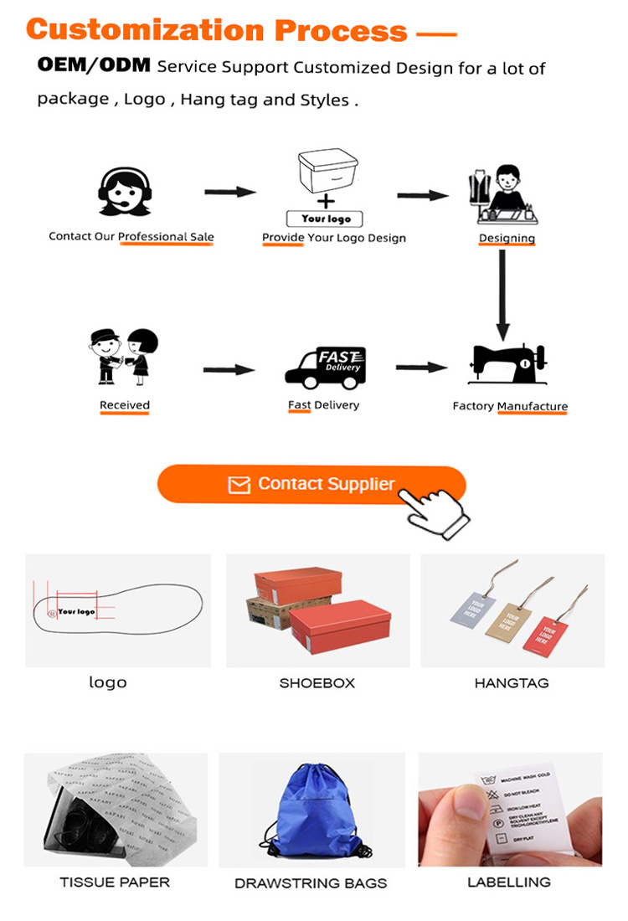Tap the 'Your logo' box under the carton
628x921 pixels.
coord(327,219)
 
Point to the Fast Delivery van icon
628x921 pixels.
coord(325,368)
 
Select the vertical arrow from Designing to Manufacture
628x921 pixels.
coord(502,293)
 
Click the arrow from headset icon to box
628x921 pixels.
coord(230,193)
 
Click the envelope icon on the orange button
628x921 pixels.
coord(239,485)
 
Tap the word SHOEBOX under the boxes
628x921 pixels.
coord(317,683)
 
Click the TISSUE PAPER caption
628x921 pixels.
coord(115,882)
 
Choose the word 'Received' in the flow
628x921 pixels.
coord(125,405)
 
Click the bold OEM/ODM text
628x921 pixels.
coord(93,66)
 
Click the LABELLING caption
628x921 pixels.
coord(509,882)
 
